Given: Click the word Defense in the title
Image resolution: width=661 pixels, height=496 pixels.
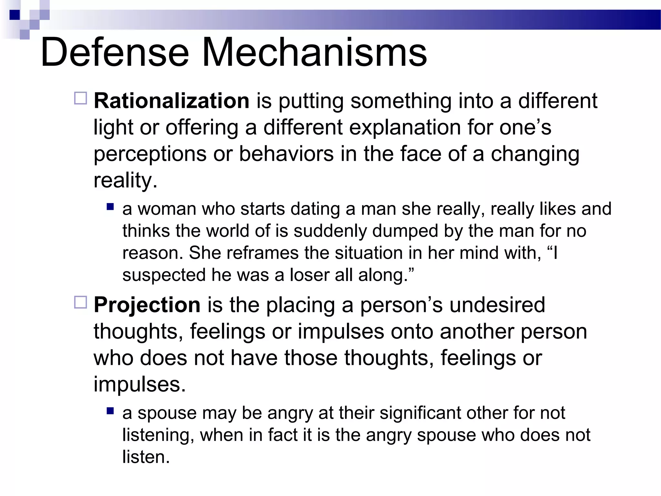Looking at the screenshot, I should [115, 52].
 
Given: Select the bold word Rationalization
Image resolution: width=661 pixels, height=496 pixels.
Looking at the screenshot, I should [171, 101].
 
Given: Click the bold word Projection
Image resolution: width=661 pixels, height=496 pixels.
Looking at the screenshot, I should [147, 305].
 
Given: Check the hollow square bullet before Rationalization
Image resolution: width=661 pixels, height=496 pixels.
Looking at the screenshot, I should [81, 98].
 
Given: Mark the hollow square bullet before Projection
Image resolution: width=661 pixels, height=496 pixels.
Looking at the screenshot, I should [81, 302].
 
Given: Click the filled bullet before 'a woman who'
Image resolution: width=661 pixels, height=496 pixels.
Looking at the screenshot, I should [110, 206].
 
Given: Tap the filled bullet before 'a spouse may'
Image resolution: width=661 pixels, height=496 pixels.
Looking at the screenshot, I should [110, 411].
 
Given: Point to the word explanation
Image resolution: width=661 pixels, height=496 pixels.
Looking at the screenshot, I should [405, 127].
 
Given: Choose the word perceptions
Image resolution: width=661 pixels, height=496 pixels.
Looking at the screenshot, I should [150, 154].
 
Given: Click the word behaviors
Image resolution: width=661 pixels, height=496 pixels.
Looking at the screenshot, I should [286, 154].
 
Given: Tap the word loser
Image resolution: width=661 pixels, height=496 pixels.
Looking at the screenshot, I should [310, 275].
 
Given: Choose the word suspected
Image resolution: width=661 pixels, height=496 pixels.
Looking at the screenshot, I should [164, 275].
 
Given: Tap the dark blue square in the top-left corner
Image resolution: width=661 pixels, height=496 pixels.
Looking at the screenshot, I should [15, 15].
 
